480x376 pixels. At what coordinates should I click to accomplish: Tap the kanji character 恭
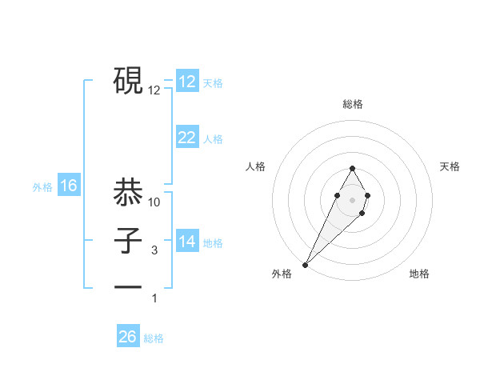[x=129, y=192]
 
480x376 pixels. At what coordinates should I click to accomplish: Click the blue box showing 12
[x=186, y=82]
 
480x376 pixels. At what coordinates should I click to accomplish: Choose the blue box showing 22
[x=186, y=138]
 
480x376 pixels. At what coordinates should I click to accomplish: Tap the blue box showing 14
[x=186, y=242]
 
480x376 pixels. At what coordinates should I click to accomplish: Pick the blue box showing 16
[x=69, y=186]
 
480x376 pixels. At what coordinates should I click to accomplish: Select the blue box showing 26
[x=128, y=337]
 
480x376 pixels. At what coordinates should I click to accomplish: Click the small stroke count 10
[x=154, y=202]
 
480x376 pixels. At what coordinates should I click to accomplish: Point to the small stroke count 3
[x=154, y=250]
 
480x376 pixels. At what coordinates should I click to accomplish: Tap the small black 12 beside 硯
[x=154, y=90]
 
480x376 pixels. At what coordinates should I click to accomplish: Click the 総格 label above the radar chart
[x=352, y=105]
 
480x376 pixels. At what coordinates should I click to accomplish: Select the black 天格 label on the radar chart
[x=450, y=166]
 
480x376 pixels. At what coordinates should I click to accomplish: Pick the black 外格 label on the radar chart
[x=282, y=274]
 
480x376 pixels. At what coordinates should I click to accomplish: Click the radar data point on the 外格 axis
[x=305, y=264]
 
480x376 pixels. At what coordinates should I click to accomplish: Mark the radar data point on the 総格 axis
[x=352, y=168]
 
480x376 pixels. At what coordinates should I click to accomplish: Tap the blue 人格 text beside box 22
[x=213, y=139]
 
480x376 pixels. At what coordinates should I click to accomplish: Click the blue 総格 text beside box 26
[x=154, y=338]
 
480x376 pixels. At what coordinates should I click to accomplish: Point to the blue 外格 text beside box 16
[x=42, y=188]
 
